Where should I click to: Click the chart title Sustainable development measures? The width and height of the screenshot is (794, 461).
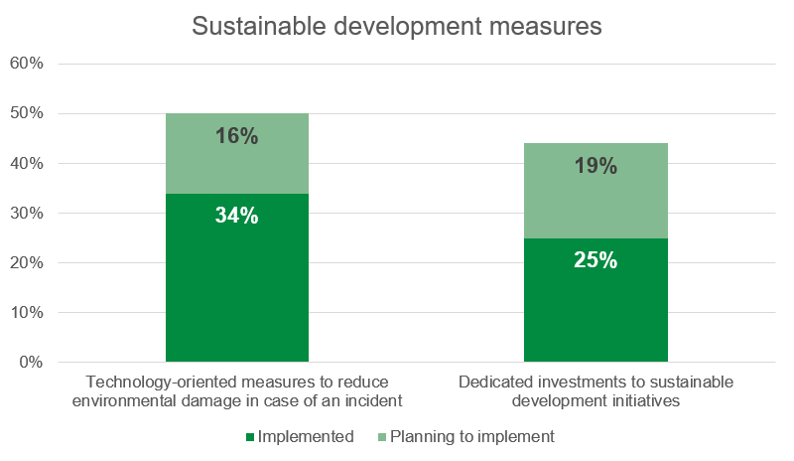[397, 27]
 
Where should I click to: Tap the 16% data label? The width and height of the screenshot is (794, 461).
[236, 136]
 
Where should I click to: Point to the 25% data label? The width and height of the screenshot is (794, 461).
[595, 260]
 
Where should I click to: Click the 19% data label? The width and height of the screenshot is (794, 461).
[595, 165]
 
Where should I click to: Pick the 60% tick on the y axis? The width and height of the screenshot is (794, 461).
[27, 64]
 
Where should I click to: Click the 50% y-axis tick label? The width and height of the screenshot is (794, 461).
[27, 113]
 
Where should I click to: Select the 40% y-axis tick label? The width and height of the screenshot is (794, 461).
[27, 163]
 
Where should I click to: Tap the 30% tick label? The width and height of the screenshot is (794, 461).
[27, 213]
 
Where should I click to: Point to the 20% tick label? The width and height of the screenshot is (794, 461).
[27, 262]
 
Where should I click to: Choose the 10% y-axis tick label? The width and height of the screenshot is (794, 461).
[27, 312]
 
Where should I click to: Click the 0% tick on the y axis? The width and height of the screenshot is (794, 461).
[31, 362]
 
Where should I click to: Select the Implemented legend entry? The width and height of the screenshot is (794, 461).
[305, 436]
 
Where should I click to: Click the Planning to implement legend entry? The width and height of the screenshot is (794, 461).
[471, 436]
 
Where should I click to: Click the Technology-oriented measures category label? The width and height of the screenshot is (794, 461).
[236, 391]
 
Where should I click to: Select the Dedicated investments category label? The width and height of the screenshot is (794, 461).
[595, 391]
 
